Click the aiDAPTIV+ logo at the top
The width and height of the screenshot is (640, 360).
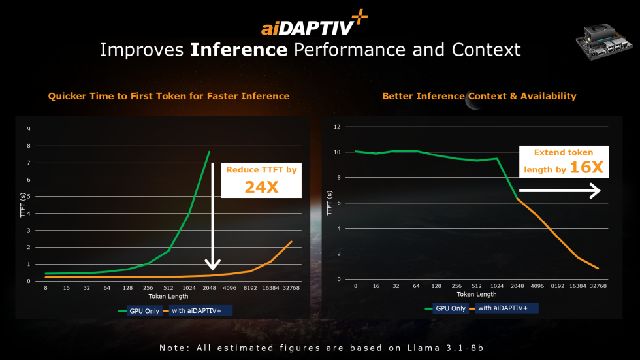(314, 25)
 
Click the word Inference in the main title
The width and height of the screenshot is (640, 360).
(239, 50)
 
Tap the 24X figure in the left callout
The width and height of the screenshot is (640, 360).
(261, 187)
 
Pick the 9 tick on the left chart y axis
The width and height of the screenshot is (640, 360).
(29, 129)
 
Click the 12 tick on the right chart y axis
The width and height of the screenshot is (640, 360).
(338, 127)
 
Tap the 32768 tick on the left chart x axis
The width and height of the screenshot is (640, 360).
(291, 287)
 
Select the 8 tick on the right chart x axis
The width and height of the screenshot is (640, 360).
(355, 286)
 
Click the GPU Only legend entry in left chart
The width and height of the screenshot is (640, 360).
(139, 311)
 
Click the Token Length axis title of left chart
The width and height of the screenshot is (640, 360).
(168, 296)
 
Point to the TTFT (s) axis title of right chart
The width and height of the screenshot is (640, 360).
(330, 204)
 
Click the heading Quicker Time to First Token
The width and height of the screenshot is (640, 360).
(168, 96)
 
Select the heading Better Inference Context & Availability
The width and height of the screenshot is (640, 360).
(479, 96)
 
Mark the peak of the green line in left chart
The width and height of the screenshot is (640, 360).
(209, 152)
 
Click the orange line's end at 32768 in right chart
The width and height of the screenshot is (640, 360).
(598, 268)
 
